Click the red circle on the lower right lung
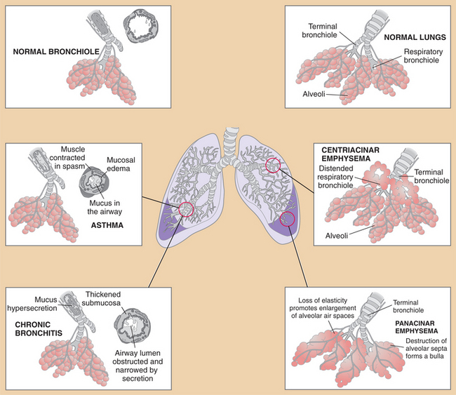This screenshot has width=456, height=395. coord(287,219)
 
